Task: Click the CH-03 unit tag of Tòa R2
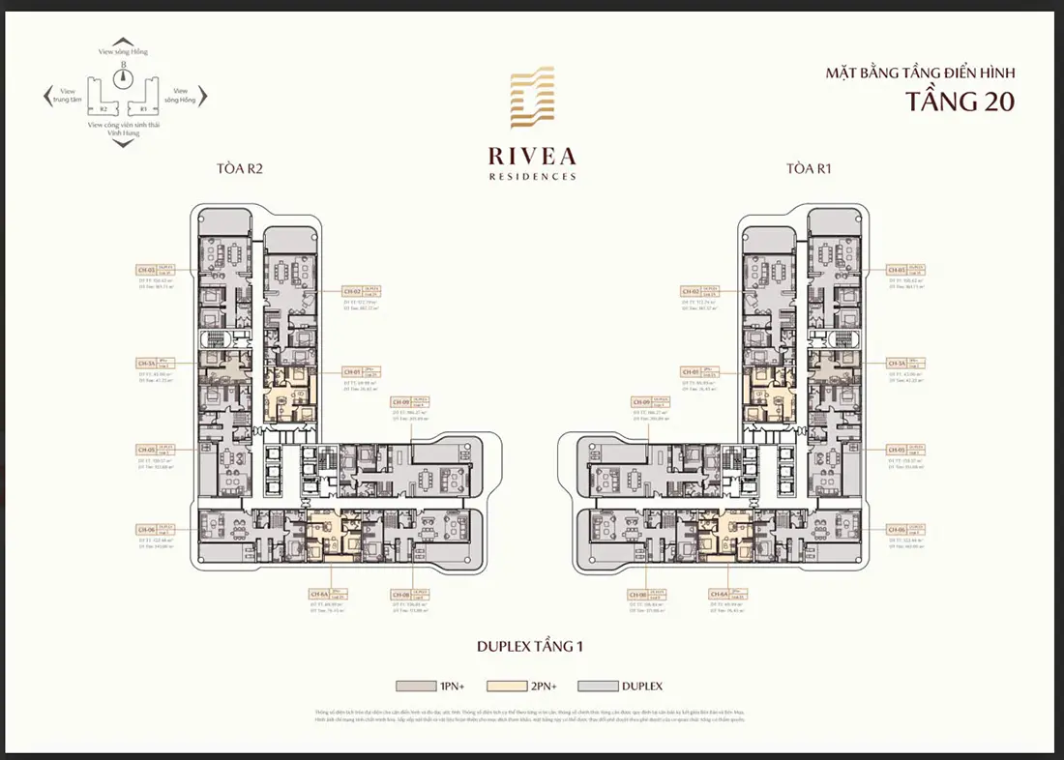[x=148, y=271]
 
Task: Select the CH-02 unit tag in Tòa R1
[x=691, y=291]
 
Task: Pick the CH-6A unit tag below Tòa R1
[x=719, y=594]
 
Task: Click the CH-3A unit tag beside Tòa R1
[x=899, y=364]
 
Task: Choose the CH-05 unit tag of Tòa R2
[x=148, y=450]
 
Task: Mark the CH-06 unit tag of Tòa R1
[x=899, y=529]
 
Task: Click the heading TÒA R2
[x=241, y=168]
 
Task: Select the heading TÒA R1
[x=810, y=168]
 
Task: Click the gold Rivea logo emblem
[x=531, y=100]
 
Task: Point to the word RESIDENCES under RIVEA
[x=531, y=177]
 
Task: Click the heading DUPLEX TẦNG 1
[x=531, y=644]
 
